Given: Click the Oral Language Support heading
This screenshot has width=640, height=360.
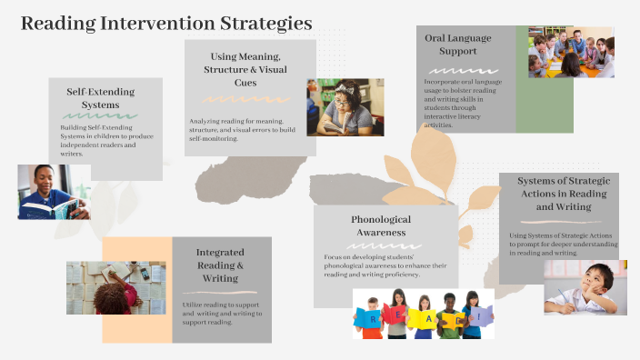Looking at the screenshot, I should coord(458,45).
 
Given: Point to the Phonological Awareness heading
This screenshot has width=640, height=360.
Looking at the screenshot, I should coord(381,225).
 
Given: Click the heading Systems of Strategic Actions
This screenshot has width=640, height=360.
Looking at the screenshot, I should coord(558,194).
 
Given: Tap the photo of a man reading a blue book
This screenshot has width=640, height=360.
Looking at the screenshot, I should coord(53,192).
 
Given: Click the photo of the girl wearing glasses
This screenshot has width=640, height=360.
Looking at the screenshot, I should coord(345,107).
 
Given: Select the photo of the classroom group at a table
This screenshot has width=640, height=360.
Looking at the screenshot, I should coord(571,52).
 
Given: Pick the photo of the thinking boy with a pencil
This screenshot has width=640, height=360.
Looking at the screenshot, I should coord(585,288).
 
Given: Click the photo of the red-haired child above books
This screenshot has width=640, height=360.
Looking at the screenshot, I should coord(115,288).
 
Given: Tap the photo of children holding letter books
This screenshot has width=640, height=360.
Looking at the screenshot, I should coord(423,314).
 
